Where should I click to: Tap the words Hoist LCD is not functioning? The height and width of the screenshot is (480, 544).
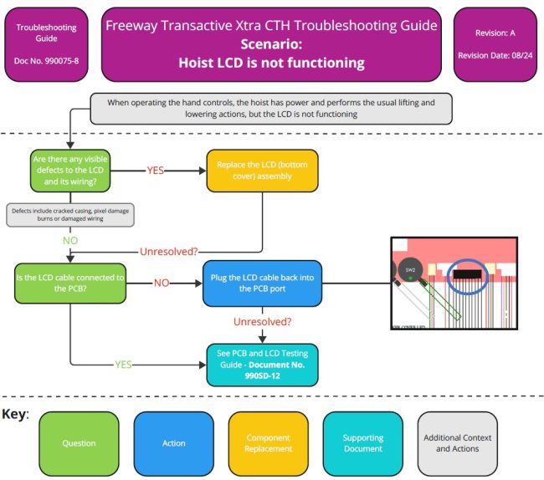[x=271, y=62]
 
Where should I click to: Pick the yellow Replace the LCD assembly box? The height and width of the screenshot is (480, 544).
[x=249, y=170]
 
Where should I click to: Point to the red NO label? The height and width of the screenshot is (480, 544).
[x=161, y=283]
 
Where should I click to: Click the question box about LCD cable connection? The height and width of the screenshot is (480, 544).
[x=69, y=283]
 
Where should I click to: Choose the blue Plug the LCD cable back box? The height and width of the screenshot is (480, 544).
[x=262, y=283]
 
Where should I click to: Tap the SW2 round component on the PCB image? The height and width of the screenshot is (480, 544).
[x=410, y=270]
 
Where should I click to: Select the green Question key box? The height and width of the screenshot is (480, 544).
[x=80, y=442]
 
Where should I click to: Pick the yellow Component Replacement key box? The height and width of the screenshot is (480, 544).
[x=269, y=442]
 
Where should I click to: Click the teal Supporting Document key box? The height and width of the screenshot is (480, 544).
[x=363, y=442]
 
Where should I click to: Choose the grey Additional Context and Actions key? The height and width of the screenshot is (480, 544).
[x=458, y=442]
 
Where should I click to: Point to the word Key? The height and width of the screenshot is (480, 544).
[x=14, y=414]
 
